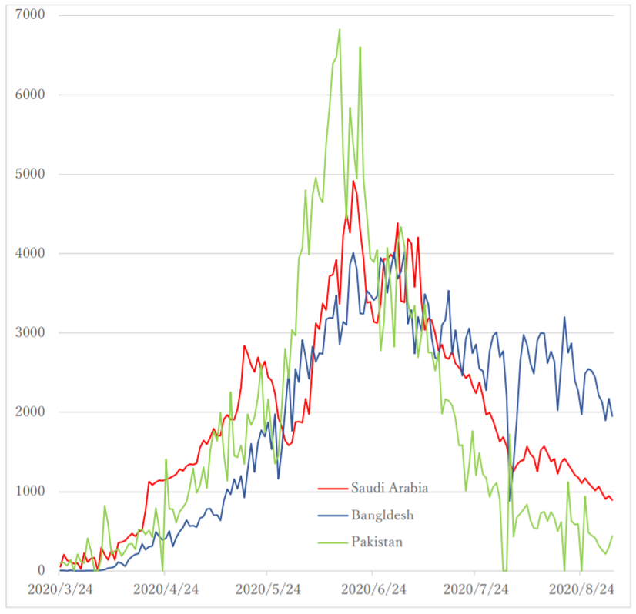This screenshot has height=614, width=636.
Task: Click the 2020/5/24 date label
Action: click(x=266, y=589)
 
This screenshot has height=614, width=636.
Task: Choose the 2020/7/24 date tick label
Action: click(x=476, y=589)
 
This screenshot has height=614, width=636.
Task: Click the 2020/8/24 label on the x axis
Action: click(x=581, y=589)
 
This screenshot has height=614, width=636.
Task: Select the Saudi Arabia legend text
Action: click(x=390, y=488)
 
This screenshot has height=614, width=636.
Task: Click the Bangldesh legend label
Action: click(x=383, y=515)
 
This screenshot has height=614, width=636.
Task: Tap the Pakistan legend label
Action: click(x=377, y=542)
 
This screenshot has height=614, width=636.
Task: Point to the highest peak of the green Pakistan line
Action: click(x=340, y=30)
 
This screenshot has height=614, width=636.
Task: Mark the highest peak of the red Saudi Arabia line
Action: click(x=353, y=182)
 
